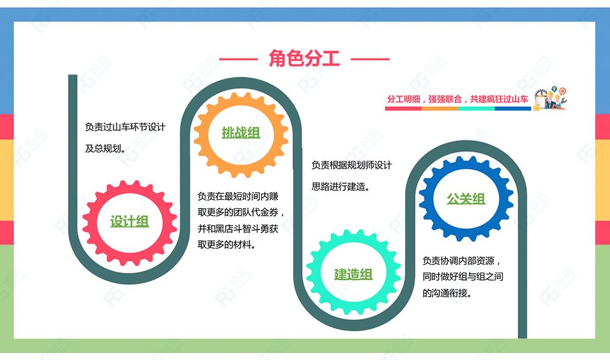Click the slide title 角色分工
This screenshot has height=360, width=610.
(x=304, y=59)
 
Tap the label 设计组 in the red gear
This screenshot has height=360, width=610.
(x=129, y=221)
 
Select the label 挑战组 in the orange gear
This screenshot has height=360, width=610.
(x=241, y=133)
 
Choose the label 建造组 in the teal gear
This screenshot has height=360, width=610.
(x=353, y=275)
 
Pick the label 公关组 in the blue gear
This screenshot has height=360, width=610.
(x=466, y=199)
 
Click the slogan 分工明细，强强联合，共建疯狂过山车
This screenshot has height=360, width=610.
(x=457, y=99)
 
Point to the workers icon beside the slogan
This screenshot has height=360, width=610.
(x=550, y=98)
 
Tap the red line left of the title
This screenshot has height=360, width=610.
(x=239, y=59)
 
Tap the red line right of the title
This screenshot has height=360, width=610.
(x=370, y=59)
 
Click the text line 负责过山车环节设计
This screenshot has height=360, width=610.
(x=125, y=127)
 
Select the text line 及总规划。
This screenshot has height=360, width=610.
(x=106, y=148)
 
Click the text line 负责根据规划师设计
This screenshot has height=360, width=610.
(x=352, y=165)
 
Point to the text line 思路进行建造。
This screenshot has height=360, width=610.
(x=341, y=187)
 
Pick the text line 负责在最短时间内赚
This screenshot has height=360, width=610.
(x=238, y=196)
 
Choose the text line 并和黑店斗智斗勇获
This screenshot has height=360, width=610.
(x=238, y=228)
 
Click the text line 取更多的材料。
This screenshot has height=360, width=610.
(x=227, y=245)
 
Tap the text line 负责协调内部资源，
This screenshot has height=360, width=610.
(x=462, y=261)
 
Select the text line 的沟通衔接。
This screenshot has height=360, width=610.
(x=447, y=293)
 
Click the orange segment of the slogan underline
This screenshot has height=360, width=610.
(x=440, y=109)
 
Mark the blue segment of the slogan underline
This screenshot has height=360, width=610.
(x=513, y=109)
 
